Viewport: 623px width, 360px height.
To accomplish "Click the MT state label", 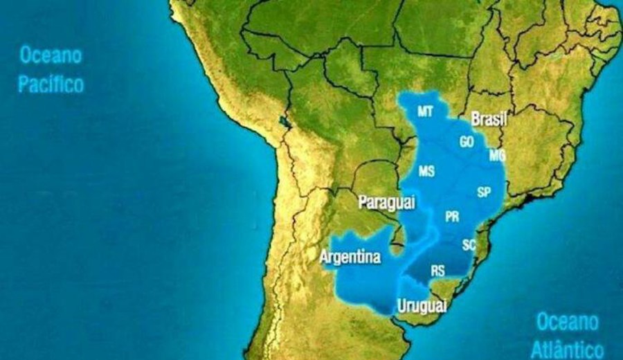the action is coord(426,111).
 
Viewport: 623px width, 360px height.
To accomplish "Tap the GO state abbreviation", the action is coord(467,141).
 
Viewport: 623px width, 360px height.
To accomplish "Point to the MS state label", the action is coord(426,171).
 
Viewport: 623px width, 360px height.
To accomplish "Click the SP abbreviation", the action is coord(484,192).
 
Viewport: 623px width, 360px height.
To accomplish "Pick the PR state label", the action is coord(452,217).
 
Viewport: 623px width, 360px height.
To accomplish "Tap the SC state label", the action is coord(469,244).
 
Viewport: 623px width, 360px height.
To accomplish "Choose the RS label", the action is coord(437,271).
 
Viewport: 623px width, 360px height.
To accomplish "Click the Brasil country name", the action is coord(489,120).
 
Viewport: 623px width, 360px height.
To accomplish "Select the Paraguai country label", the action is coord(386,202).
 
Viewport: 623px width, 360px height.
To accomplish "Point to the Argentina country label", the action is coord(350,257).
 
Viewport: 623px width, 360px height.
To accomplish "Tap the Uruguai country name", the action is coord(422,306).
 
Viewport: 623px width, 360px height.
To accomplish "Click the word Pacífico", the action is coord(51,84).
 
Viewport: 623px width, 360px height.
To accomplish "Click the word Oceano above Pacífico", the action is coord(51,55).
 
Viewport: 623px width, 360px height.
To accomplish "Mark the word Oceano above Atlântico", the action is coord(567,321).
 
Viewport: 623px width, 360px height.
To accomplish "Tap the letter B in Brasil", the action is coord(476,120).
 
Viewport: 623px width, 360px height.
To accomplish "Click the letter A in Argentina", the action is coord(324,257).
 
